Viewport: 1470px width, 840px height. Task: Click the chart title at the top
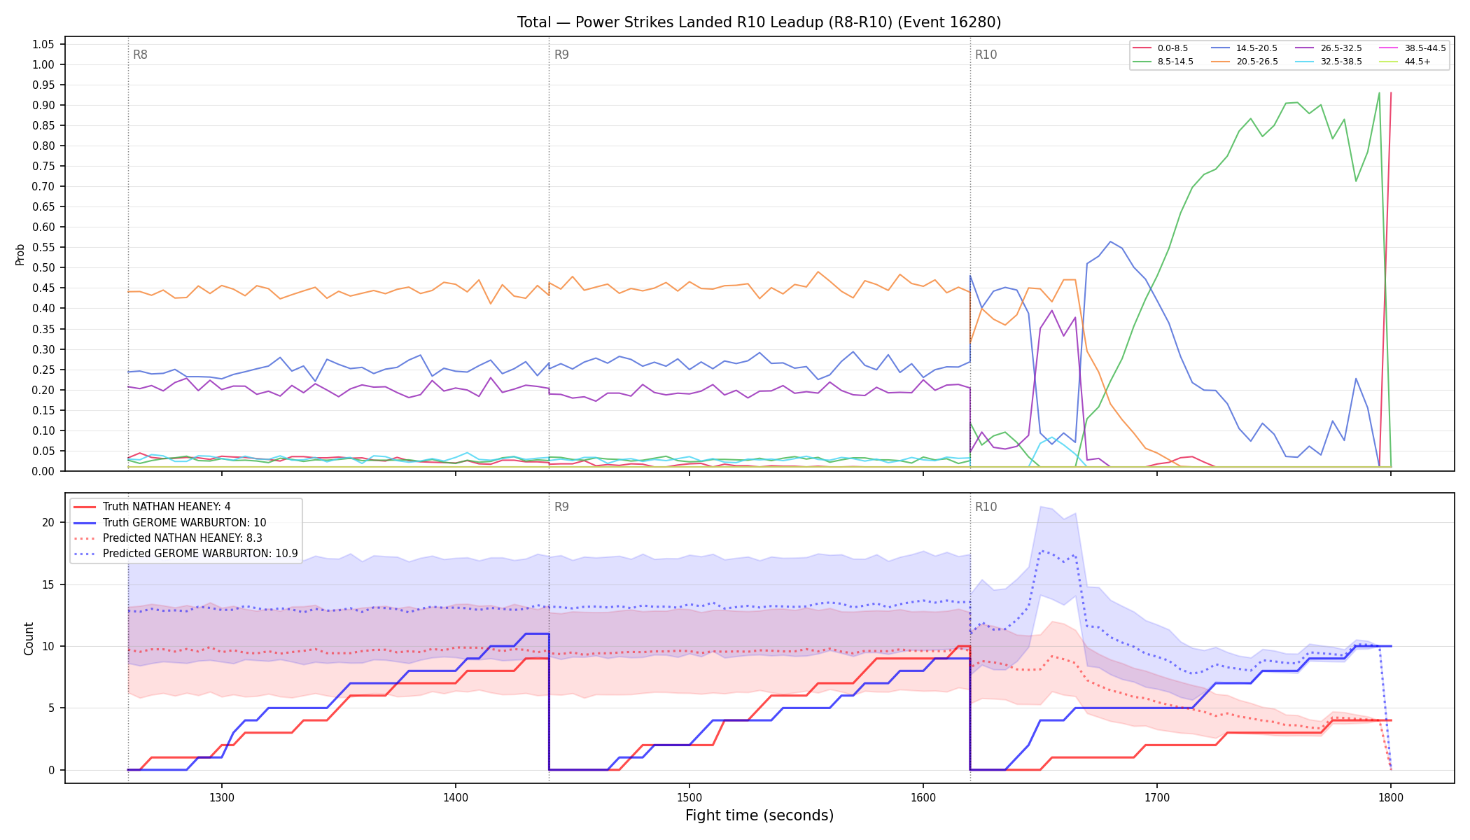[759, 22]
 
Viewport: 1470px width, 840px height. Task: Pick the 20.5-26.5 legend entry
[1245, 62]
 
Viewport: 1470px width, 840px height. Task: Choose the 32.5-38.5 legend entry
[1329, 62]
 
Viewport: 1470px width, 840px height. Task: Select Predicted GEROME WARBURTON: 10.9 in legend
[185, 553]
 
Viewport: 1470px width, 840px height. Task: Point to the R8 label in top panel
[140, 55]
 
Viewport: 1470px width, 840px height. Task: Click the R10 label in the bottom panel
[986, 507]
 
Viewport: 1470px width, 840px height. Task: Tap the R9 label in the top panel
[561, 55]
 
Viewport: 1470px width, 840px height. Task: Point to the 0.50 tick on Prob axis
[43, 267]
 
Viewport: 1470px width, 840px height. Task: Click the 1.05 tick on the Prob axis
[43, 44]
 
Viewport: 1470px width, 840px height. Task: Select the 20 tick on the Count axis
[48, 522]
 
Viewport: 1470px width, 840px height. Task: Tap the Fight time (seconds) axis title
[759, 815]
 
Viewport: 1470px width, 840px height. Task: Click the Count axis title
[29, 638]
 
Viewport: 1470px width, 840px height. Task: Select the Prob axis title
[20, 254]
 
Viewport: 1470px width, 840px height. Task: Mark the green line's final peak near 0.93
[1379, 93]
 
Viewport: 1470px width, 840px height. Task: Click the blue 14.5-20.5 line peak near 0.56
[1110, 241]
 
